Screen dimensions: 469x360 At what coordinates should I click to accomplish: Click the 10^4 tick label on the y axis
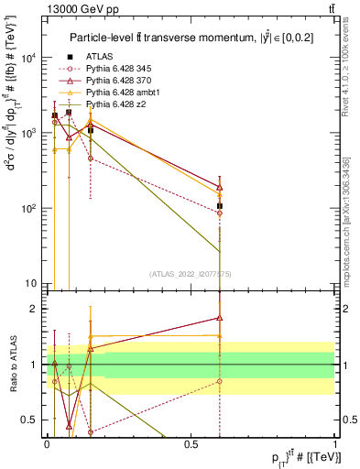(x=27, y=58)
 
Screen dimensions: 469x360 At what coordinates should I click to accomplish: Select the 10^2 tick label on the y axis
(x=27, y=209)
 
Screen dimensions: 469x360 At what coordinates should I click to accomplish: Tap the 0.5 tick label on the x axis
(x=191, y=442)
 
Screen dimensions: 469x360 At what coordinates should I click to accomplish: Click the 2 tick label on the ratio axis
(x=32, y=309)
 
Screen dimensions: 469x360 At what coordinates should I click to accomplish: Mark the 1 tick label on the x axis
(x=335, y=442)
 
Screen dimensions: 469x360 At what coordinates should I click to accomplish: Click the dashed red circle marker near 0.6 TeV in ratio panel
(x=220, y=380)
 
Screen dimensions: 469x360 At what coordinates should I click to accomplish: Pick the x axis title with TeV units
(x=292, y=457)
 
